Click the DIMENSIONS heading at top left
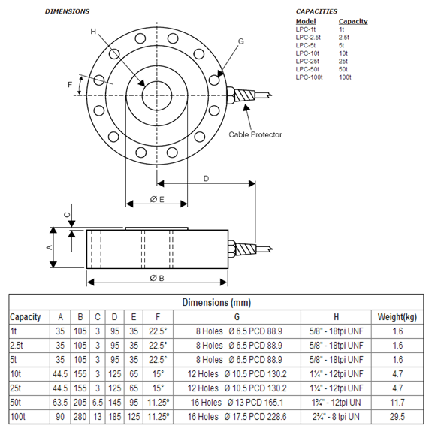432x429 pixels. point(67,11)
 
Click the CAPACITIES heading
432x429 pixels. point(316,11)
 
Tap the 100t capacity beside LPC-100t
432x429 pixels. point(345,77)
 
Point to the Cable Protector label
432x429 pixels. point(255,134)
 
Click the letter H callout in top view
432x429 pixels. point(93,32)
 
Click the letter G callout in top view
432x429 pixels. point(240,41)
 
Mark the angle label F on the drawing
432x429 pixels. point(71,85)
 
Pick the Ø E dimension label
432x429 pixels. point(156,199)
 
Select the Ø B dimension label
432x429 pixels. point(157,279)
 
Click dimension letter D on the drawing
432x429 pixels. point(206,178)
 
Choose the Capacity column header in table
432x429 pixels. point(26,316)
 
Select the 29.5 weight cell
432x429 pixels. point(402,415)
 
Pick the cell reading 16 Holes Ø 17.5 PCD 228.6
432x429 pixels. point(237,415)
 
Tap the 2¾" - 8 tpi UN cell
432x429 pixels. point(336,415)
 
